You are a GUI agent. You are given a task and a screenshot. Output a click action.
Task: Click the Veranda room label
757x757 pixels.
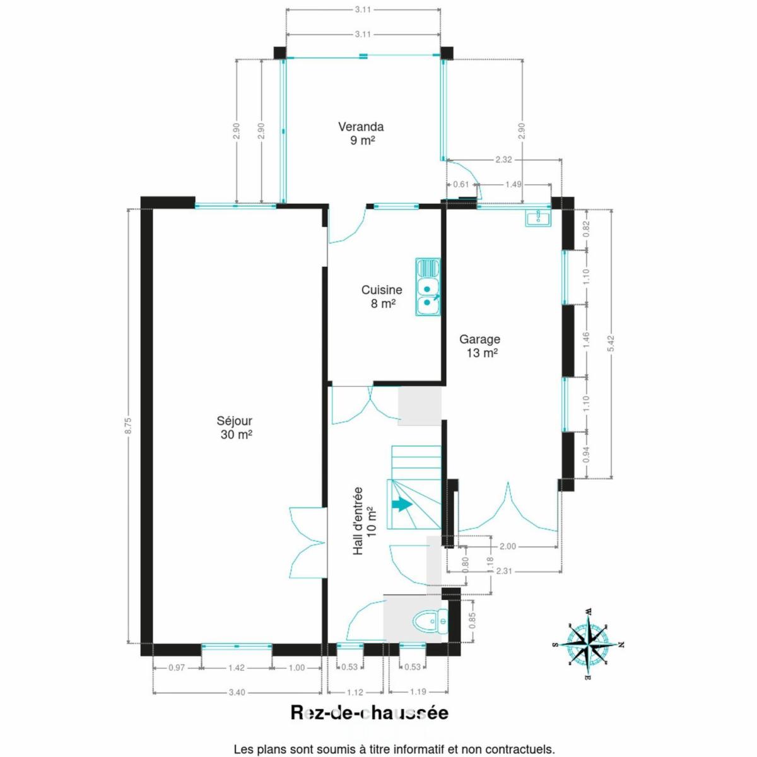tap(361, 134)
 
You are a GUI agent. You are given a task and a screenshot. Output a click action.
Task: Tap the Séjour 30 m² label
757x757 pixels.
tap(235, 428)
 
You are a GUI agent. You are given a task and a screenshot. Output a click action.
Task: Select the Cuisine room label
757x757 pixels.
tap(382, 296)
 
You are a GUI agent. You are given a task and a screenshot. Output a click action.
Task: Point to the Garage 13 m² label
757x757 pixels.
tap(480, 346)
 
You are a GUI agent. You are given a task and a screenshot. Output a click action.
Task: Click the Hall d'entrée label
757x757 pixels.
tap(363, 521)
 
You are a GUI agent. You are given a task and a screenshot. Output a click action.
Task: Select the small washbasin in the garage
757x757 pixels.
tap(538, 218)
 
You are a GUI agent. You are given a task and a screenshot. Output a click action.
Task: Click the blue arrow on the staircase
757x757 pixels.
tap(402, 505)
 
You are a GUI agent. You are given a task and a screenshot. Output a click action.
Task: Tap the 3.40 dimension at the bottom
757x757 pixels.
tap(237, 692)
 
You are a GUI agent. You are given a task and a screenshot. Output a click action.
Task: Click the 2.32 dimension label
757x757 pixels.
tap(505, 160)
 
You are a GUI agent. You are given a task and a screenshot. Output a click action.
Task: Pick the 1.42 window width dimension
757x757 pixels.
tap(237, 667)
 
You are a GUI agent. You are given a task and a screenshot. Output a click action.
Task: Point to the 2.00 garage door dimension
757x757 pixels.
tap(508, 546)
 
